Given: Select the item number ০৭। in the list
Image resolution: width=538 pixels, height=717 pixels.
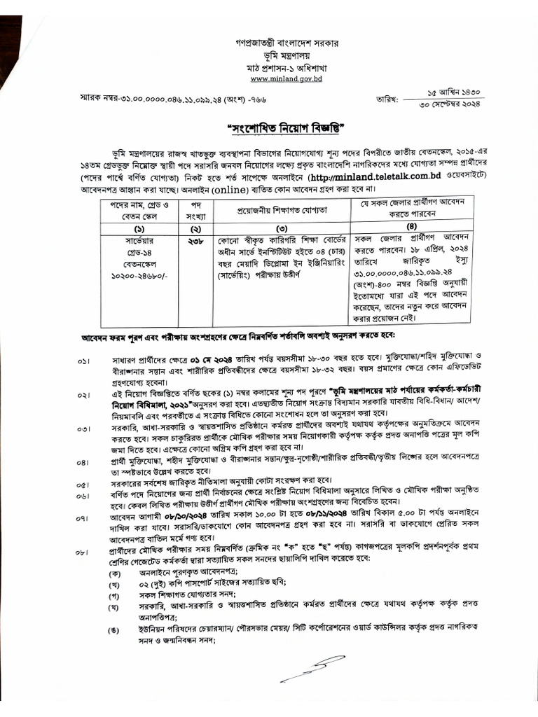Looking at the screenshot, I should (85, 520).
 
